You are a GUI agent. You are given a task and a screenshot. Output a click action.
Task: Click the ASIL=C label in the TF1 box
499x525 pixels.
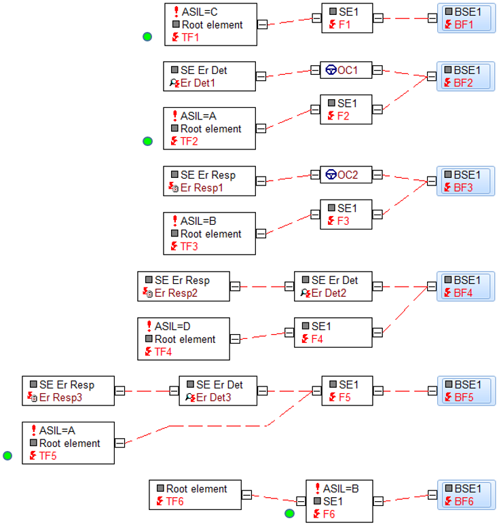pyautogui.click(x=200, y=12)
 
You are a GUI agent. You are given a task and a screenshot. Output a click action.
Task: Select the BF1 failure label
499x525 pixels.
pyautogui.click(x=464, y=24)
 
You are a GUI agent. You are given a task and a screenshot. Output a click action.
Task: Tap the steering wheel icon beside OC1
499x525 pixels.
pyautogui.click(x=331, y=70)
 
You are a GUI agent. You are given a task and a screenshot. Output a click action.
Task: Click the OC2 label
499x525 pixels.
pyautogui.click(x=348, y=175)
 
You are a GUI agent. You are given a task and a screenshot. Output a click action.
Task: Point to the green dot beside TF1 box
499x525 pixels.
pyautogui.click(x=147, y=37)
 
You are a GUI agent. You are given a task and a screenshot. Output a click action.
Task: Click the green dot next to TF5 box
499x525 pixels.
pyautogui.click(x=7, y=455)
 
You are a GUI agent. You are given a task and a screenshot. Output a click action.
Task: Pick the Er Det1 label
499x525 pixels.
pyautogui.click(x=198, y=83)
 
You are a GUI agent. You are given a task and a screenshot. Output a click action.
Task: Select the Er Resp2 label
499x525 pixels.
pyautogui.click(x=176, y=293)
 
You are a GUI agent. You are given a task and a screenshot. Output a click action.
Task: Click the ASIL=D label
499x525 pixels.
pyautogui.click(x=172, y=326)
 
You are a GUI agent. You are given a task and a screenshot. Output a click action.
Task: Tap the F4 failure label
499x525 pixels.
pyautogui.click(x=317, y=339)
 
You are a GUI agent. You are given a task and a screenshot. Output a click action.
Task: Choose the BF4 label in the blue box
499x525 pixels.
pyautogui.click(x=463, y=293)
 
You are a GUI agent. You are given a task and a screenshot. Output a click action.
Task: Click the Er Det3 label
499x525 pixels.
pyautogui.click(x=214, y=397)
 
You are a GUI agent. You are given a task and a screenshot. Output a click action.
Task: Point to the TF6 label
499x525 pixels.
pyautogui.click(x=174, y=501)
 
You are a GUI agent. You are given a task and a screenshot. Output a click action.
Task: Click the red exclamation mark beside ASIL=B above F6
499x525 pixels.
pyautogui.click(x=317, y=488)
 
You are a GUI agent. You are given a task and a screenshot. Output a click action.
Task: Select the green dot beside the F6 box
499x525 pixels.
pyautogui.click(x=289, y=513)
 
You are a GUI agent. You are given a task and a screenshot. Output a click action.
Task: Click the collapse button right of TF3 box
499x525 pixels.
pyautogui.click(x=261, y=234)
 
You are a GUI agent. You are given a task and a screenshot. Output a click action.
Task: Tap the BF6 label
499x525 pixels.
pyautogui.click(x=464, y=501)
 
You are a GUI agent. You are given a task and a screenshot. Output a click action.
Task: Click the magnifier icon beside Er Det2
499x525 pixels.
pyautogui.click(x=306, y=293)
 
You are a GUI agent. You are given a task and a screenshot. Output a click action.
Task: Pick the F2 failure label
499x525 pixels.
pyautogui.click(x=343, y=116)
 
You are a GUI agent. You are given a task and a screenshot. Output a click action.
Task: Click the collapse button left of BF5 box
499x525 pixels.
pyautogui.click(x=432, y=391)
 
